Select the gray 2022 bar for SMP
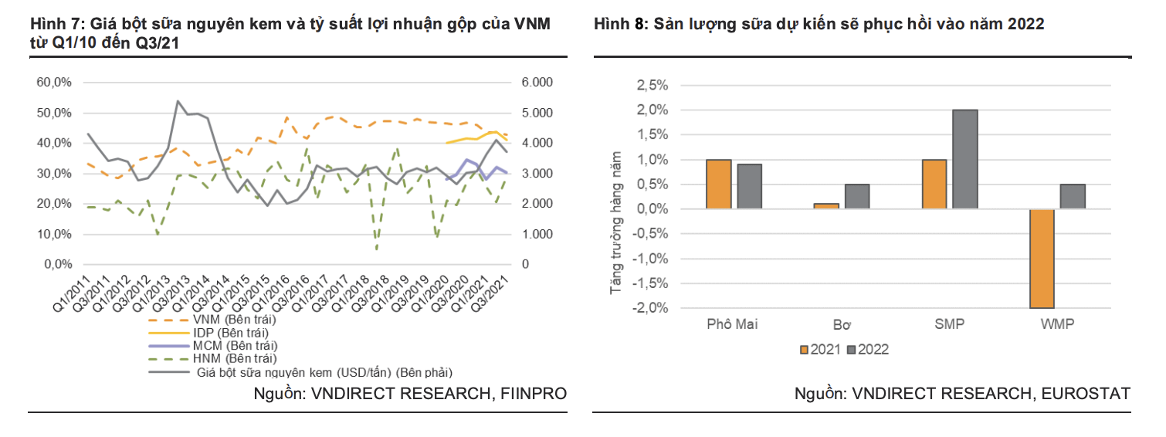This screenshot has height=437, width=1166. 964,159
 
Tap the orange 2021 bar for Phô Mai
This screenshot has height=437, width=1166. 718,185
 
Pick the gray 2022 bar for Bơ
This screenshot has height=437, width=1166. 856,197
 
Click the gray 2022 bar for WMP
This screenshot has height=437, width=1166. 1073,197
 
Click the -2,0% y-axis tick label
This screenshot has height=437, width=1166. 649,308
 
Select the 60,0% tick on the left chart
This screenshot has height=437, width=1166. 54,83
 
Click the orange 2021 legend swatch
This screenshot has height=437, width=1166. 804,350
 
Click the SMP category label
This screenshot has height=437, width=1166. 949,324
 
